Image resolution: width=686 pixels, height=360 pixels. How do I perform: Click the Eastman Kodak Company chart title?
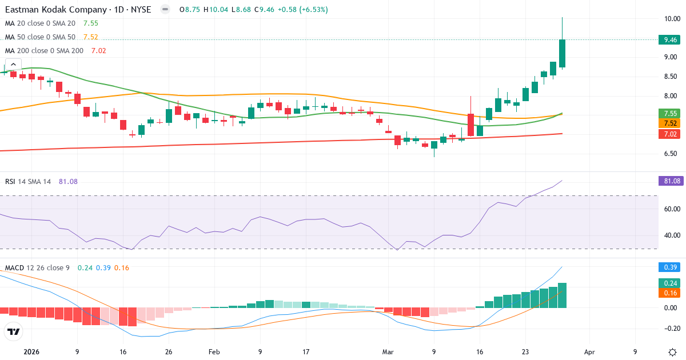[x=57, y=10]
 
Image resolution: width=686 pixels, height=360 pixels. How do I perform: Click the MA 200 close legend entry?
[x=43, y=50]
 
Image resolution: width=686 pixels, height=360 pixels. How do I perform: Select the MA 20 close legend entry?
[x=40, y=23]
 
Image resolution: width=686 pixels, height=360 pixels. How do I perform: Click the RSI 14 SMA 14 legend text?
[x=28, y=181]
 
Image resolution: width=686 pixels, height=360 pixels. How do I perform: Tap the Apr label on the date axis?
[x=590, y=352]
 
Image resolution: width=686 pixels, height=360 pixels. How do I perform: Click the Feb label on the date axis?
[x=214, y=352]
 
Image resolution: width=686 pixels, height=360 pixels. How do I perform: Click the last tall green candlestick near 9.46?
[x=563, y=53]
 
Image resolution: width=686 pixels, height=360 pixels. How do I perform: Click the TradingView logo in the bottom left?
[x=14, y=331]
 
